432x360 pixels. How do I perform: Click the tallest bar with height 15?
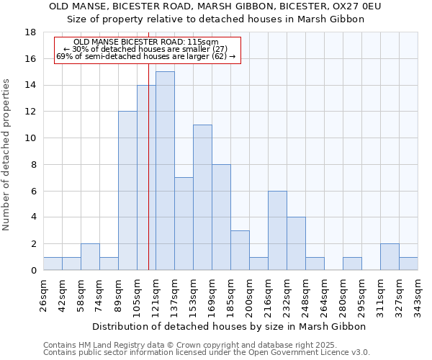point(165,171)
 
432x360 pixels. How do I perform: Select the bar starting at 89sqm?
point(127,191)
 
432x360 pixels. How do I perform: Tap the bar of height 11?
point(202,197)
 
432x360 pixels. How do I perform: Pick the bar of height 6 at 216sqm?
point(277,230)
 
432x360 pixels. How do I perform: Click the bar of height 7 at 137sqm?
point(184,223)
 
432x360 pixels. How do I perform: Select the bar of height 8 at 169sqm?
point(221,217)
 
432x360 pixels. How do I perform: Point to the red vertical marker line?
point(148,180)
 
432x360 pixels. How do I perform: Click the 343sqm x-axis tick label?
point(418,295)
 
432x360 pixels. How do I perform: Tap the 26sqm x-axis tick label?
point(43,295)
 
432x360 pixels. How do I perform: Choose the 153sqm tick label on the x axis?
point(193,295)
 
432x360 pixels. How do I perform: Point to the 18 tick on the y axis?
point(30,32)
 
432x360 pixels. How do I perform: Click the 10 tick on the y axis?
point(30,138)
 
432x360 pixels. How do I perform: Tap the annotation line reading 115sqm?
point(146,42)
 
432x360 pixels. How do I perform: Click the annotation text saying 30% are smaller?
point(146,49)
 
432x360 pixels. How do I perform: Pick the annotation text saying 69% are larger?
point(146,56)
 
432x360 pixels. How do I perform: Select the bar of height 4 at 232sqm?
point(296,243)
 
